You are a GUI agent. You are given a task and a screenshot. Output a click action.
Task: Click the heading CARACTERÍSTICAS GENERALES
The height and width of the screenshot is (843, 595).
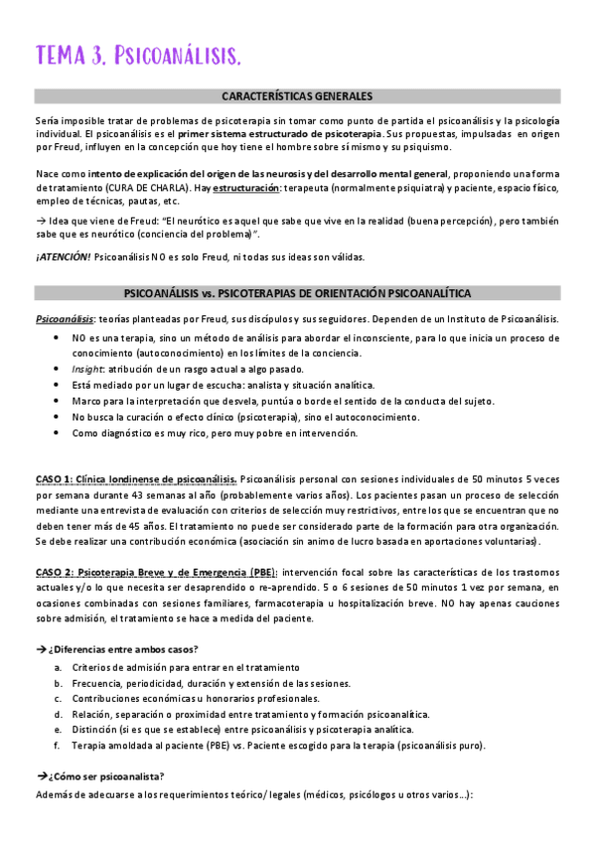coord(297,96)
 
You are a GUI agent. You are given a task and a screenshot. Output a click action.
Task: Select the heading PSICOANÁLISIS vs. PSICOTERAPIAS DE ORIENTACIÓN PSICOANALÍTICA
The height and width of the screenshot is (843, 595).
coord(297,293)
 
